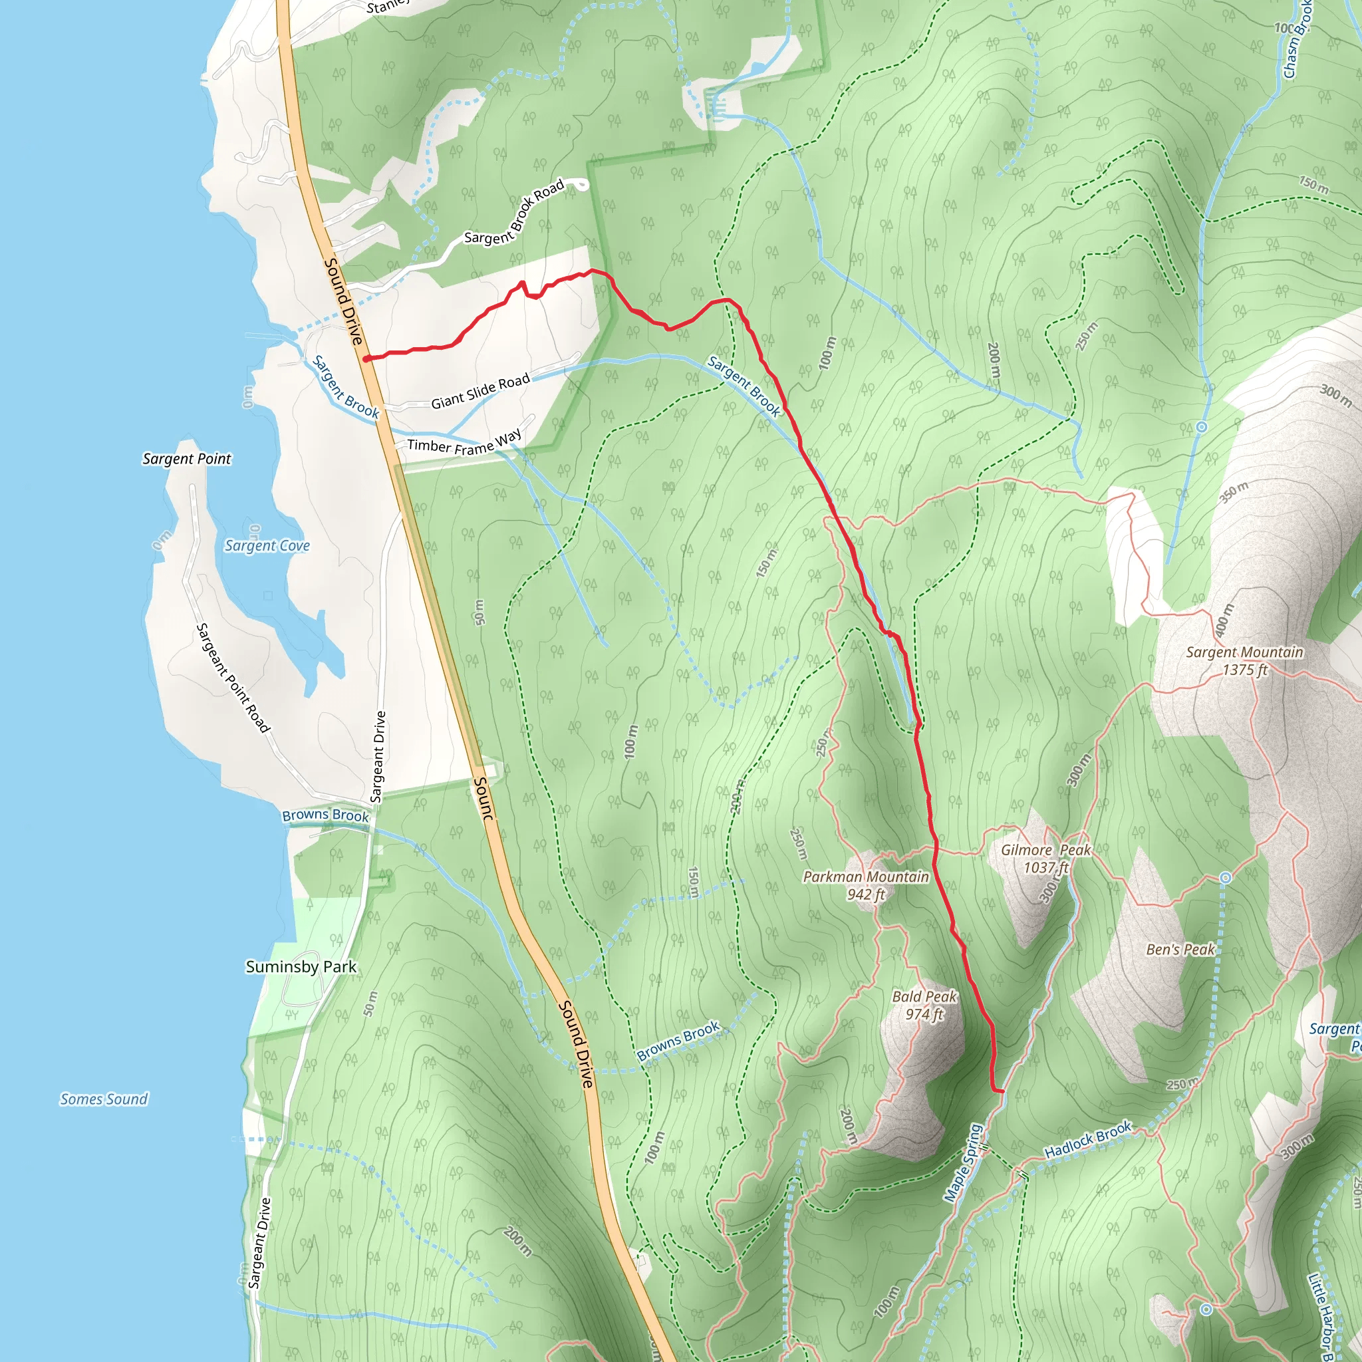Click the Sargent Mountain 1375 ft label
pyautogui.click(x=1244, y=660)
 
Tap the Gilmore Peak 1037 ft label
pyautogui.click(x=1046, y=859)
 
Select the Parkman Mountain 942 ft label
pyautogui.click(x=866, y=885)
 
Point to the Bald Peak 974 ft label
pyautogui.click(x=924, y=1006)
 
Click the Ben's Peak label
pyautogui.click(x=1180, y=950)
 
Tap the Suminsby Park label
pyautogui.click(x=301, y=966)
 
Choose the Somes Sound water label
pyautogui.click(x=104, y=1099)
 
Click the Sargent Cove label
pyautogui.click(x=267, y=545)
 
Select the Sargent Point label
pyautogui.click(x=187, y=459)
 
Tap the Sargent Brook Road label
pyautogui.click(x=515, y=212)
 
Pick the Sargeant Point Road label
pyautogui.click(x=233, y=678)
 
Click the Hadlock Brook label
pyautogui.click(x=1088, y=1139)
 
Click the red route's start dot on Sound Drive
pyautogui.click(x=366, y=359)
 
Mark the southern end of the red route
pyautogui.click(x=1001, y=1091)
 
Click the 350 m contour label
pyautogui.click(x=1234, y=491)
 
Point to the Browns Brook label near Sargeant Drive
pyautogui.click(x=325, y=815)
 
